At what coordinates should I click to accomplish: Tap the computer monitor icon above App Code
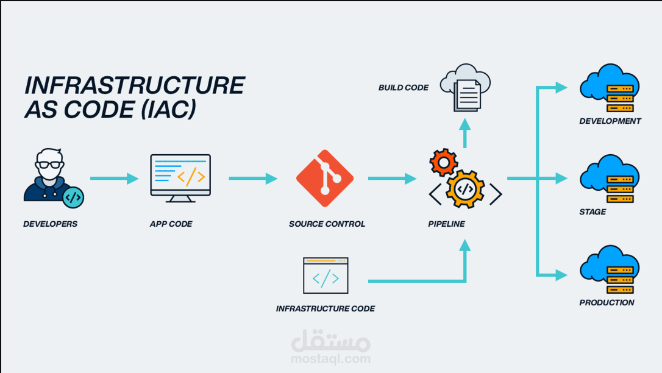[180, 177]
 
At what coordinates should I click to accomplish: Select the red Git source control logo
[324, 179]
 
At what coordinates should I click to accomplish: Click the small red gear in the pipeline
[443, 162]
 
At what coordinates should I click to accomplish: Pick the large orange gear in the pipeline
[464, 188]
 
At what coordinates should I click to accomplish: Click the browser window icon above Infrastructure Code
[326, 275]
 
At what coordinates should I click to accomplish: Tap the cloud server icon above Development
[610, 89]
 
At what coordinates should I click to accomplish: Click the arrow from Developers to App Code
[115, 179]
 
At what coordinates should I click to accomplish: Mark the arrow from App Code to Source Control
[253, 179]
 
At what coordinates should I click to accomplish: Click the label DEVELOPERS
[51, 224]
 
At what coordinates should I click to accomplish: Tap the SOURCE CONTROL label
[327, 224]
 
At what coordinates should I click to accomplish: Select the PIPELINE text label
[446, 224]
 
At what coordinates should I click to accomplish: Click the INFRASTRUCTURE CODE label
[326, 308]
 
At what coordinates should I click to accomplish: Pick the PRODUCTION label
[607, 302]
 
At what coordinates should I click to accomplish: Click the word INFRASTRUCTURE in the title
[134, 85]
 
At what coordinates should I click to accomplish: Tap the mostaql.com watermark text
[331, 358]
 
